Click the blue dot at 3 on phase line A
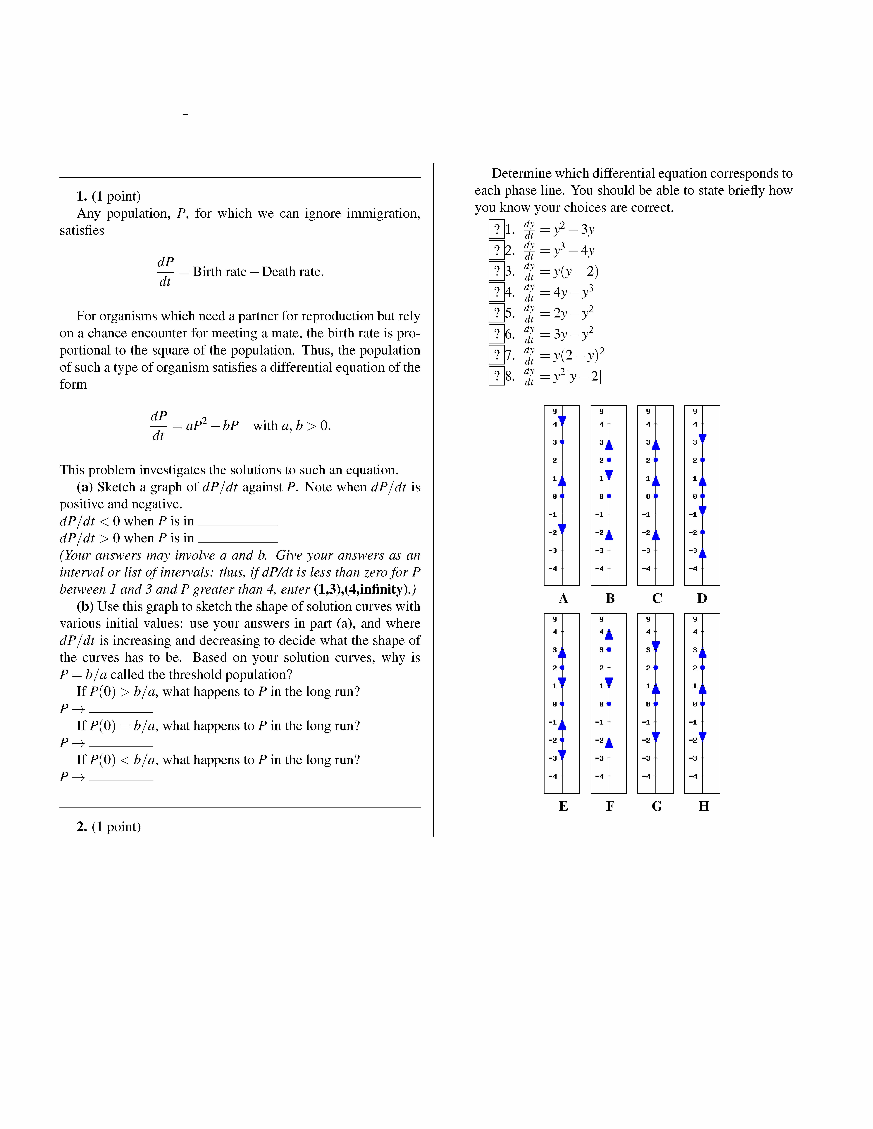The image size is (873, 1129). click(x=562, y=442)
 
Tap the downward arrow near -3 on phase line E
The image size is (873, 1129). click(x=562, y=755)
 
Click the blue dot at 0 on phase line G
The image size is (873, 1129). click(x=656, y=704)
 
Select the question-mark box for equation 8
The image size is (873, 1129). click(x=497, y=376)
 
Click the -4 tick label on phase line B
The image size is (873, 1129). click(x=599, y=569)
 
